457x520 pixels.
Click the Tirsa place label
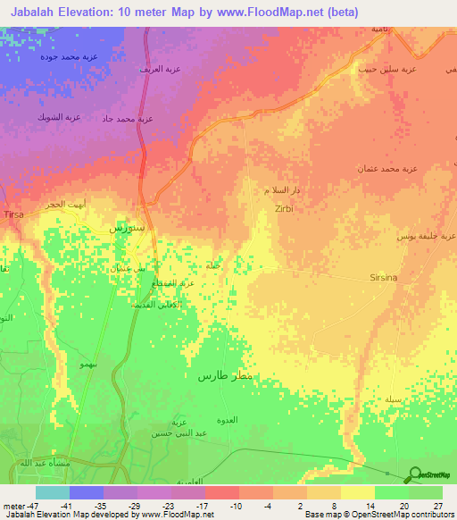(15, 216)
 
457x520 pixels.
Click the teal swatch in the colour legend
(53, 492)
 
